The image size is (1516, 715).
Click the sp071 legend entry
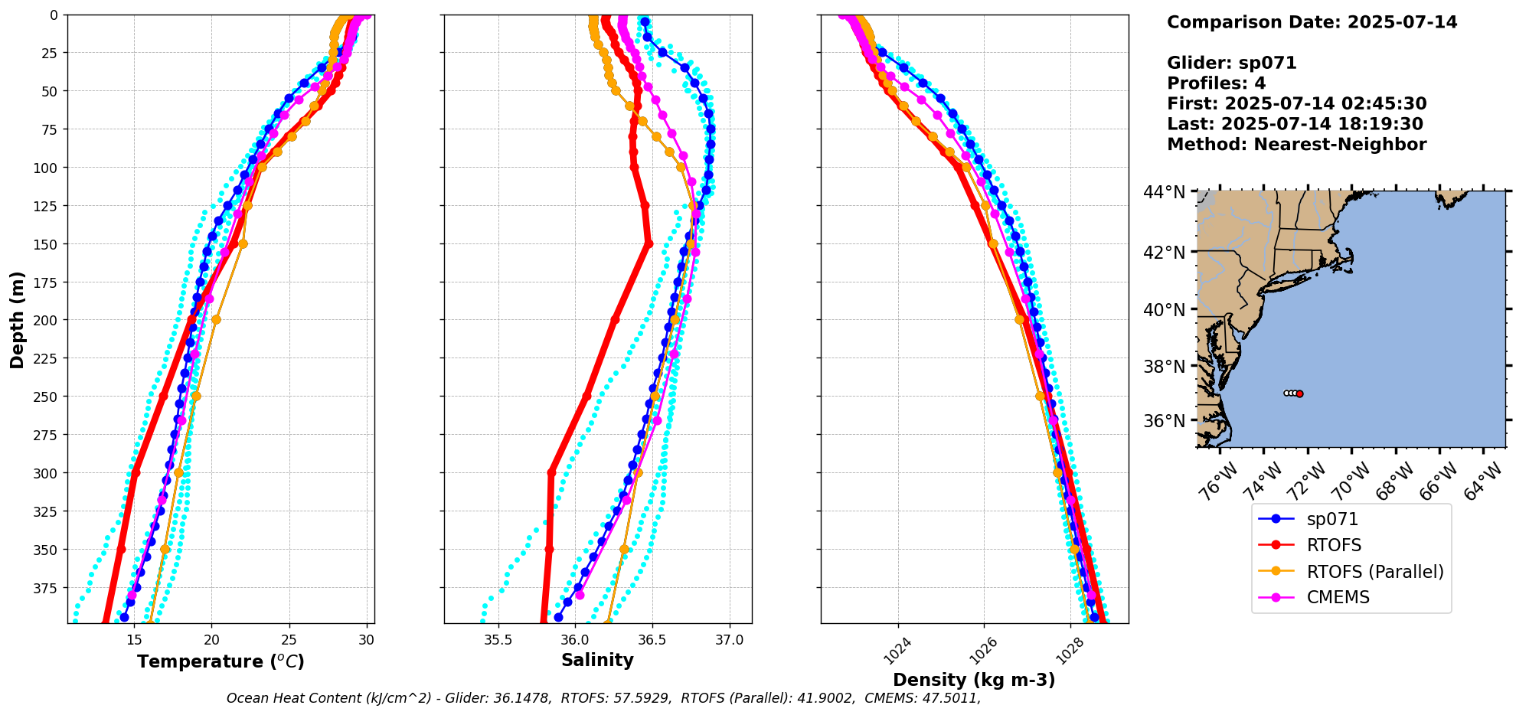coord(1331,519)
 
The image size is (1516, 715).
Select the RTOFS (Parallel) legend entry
coord(1374,571)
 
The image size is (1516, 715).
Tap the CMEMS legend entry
coord(1338,597)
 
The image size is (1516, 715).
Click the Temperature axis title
coord(221,661)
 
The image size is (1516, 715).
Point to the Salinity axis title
coord(597,660)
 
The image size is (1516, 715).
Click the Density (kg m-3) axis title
coord(974,680)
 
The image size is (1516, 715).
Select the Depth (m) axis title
coord(17,319)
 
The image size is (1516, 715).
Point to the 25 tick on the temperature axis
coord(289,640)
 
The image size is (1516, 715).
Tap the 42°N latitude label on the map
coord(1164,253)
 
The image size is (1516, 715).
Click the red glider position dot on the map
coord(1299,393)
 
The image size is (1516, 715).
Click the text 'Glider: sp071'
coord(1231,63)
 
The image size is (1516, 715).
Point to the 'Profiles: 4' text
coord(1216,83)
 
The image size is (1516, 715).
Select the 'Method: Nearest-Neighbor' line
coord(1296,145)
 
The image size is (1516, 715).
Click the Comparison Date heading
coord(1312,22)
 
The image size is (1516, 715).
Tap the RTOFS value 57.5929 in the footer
coord(645,698)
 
